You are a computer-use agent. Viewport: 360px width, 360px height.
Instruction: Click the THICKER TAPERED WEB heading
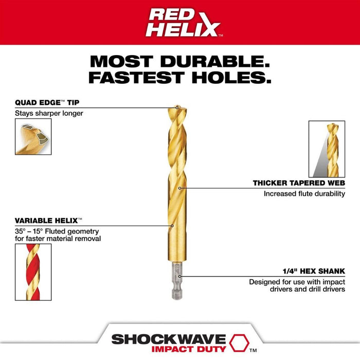pyautogui.click(x=299, y=183)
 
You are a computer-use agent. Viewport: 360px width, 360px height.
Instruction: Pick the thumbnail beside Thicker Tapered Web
pyautogui.click(x=327, y=149)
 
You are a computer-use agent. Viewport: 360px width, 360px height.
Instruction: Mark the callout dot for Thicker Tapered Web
pyautogui.click(x=180, y=188)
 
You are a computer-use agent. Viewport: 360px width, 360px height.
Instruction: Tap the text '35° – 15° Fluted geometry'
pyautogui.click(x=57, y=231)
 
